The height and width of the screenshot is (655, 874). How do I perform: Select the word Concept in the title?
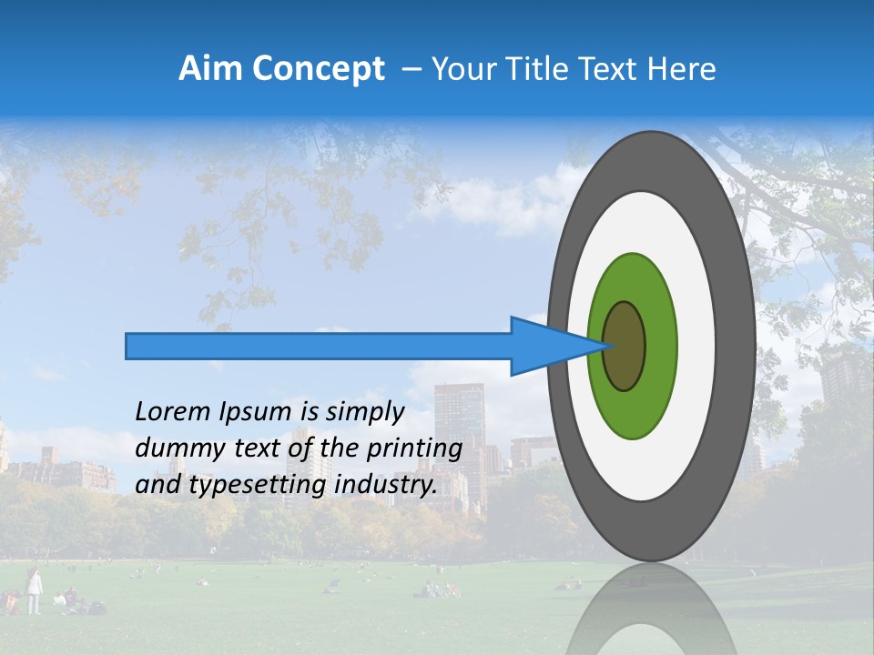(318, 69)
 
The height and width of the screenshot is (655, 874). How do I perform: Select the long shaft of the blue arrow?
(319, 346)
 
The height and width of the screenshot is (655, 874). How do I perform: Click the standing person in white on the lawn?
(34, 590)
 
